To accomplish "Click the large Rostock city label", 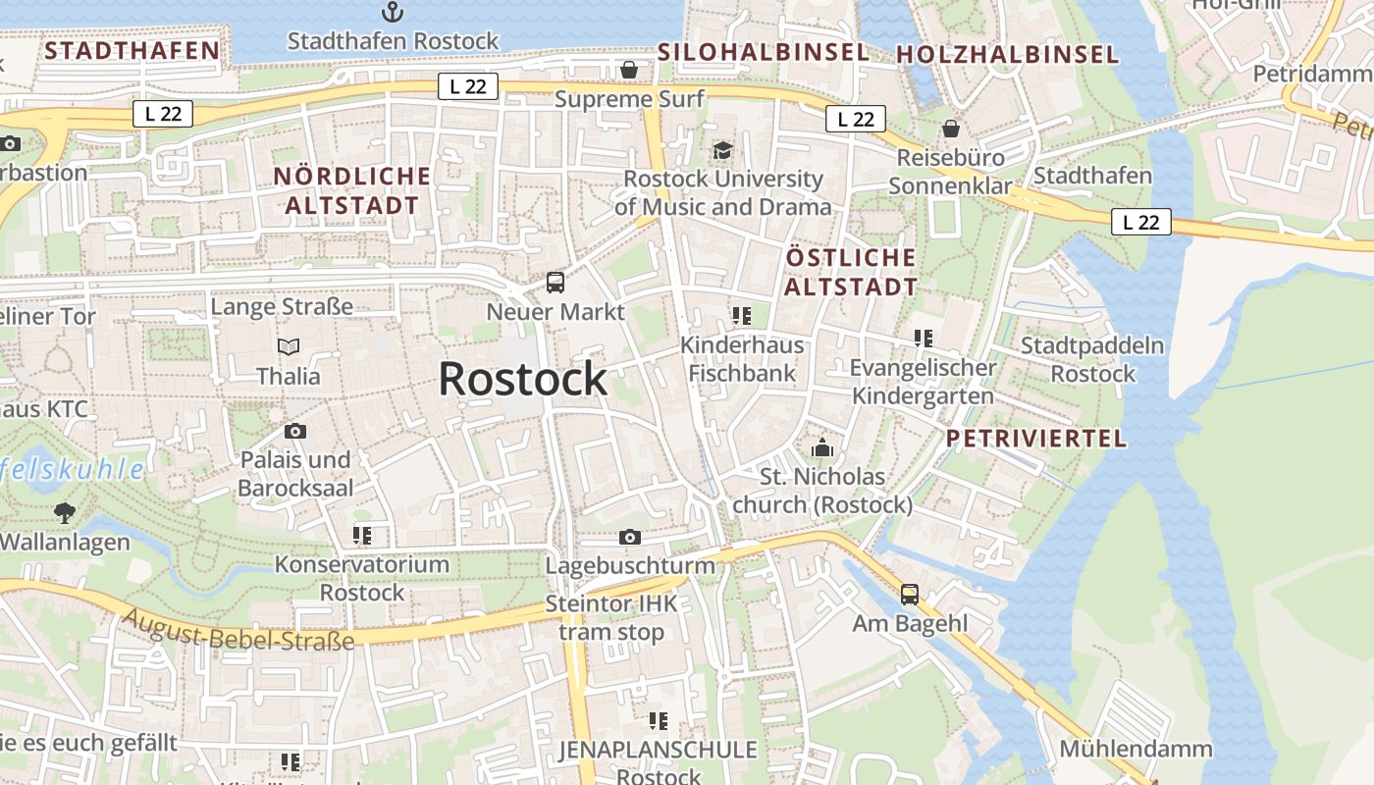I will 522,379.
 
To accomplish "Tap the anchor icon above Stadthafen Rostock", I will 393,12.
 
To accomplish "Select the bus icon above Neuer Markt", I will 555,283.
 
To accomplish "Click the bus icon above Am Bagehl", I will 910,594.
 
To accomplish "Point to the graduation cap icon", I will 723,150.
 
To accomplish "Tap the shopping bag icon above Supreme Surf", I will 629,70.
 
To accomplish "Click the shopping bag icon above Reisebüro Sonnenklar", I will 950,129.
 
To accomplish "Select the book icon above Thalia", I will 289,346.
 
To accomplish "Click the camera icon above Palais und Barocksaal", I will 294,431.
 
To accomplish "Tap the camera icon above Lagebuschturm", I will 630,537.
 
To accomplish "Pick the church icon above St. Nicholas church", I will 822,447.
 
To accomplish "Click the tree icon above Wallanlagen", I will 65,512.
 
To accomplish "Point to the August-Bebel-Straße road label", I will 239,628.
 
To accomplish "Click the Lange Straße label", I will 282,306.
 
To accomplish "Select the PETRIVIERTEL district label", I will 1036,439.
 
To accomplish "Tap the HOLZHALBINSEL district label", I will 1008,54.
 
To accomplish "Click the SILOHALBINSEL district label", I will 763,52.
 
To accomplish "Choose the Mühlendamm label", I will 1136,749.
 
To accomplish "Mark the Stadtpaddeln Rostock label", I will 1092,359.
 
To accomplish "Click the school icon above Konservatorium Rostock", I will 362,536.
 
